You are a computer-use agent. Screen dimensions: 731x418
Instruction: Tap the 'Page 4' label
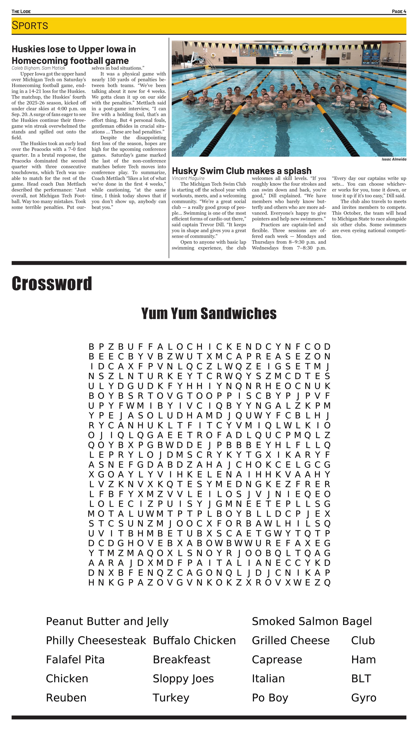pos(399,12)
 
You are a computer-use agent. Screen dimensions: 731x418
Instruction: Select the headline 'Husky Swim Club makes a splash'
pos(241,171)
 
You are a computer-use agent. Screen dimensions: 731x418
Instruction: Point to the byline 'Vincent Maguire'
pos(188,178)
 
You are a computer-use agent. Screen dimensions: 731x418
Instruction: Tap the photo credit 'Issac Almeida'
pos(394,159)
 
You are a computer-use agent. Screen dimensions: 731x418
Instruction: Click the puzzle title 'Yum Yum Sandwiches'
pos(209,313)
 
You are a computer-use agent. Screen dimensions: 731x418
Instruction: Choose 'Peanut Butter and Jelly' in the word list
pos(107,621)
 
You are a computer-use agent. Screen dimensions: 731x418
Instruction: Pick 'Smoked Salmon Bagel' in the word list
pos(312,621)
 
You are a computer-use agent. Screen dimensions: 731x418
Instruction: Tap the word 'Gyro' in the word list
pos(363,698)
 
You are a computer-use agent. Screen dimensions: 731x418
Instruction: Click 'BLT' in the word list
pos(361,679)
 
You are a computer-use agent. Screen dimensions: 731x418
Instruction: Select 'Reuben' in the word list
pos(66,698)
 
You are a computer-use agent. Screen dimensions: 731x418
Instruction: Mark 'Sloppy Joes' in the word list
pos(183,679)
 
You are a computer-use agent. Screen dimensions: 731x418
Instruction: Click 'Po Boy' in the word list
pos(270,698)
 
